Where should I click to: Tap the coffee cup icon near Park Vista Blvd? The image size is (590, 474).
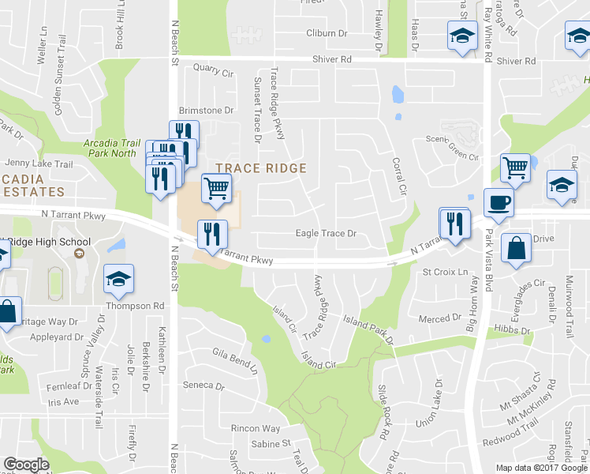pyautogui.click(x=497, y=202)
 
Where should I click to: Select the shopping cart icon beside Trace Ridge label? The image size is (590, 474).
pyautogui.click(x=217, y=187)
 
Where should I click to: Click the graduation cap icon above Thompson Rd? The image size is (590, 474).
pyautogui.click(x=118, y=278)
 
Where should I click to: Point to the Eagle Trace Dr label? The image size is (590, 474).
pyautogui.click(x=326, y=234)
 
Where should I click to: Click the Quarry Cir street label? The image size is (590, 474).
pyautogui.click(x=218, y=73)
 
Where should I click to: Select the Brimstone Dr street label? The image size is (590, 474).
pyautogui.click(x=207, y=111)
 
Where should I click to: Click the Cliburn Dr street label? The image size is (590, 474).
pyautogui.click(x=327, y=33)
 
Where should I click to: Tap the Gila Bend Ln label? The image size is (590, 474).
pyautogui.click(x=235, y=360)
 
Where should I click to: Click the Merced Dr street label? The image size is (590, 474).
pyautogui.click(x=439, y=318)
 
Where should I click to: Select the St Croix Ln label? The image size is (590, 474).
pyautogui.click(x=440, y=272)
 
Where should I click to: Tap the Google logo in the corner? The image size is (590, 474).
pyautogui.click(x=26, y=465)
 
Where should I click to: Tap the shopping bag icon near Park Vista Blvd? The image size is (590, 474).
pyautogui.click(x=516, y=248)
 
